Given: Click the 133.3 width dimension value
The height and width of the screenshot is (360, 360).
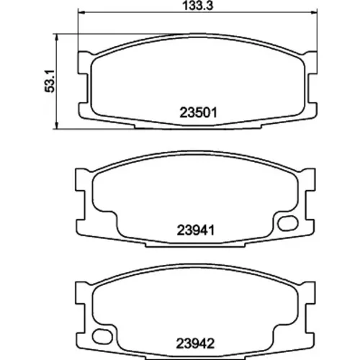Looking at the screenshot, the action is [198, 6].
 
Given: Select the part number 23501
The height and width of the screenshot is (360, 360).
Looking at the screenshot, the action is [198, 112].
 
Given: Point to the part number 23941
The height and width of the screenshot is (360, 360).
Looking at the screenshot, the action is [196, 230].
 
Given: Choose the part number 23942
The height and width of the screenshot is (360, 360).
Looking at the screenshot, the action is [195, 343].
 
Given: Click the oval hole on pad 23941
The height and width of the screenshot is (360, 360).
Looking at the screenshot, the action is [288, 223].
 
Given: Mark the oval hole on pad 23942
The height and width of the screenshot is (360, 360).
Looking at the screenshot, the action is [102, 336].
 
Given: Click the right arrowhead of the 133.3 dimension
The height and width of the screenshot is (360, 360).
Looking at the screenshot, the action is [313, 12].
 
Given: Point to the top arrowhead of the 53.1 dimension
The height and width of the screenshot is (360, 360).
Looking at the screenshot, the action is [57, 37].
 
